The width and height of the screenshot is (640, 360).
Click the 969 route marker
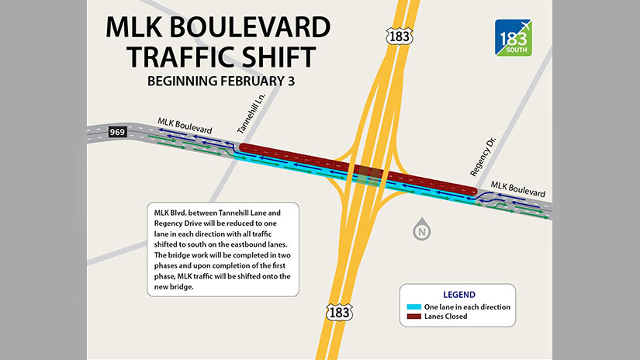click(119, 131)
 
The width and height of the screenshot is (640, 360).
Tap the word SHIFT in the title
click(268, 57)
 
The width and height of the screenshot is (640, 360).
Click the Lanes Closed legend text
click(446, 317)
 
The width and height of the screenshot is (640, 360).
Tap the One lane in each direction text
click(467, 307)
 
